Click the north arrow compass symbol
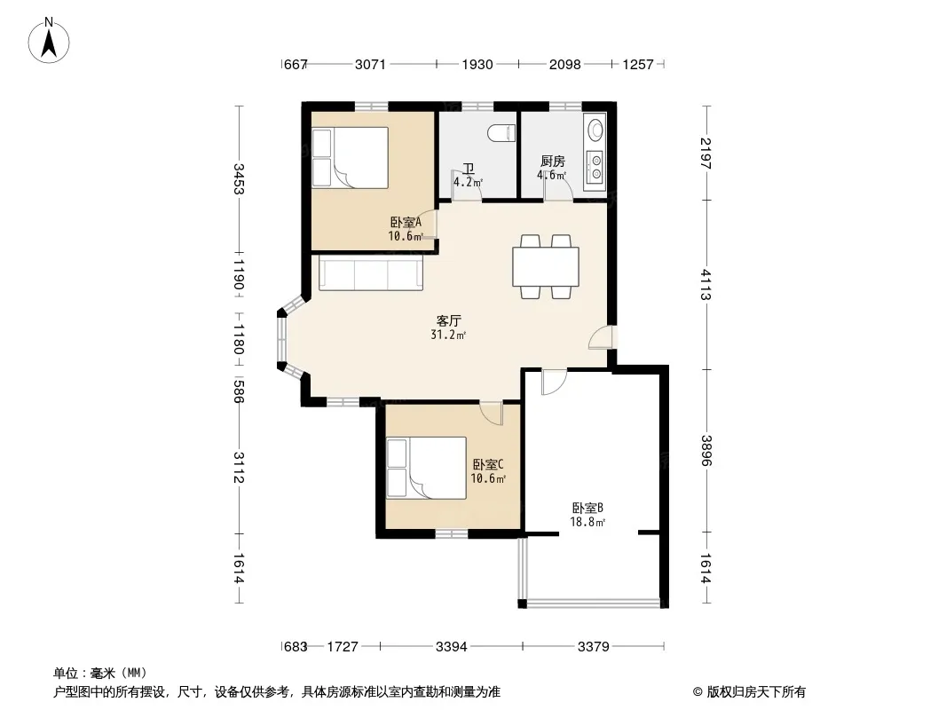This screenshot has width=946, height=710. [x=49, y=41]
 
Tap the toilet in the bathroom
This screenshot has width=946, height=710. [x=501, y=133]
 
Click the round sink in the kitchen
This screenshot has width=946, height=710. [x=595, y=129]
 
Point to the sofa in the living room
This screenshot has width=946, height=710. [x=370, y=273]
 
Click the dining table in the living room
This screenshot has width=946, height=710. [x=546, y=266]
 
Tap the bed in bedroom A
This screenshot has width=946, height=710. [x=350, y=157]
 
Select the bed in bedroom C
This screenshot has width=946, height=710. [x=426, y=468]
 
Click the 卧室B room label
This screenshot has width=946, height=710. [x=587, y=508]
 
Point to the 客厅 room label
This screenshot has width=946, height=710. [x=449, y=321]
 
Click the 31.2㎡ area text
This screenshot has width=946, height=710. [x=447, y=335]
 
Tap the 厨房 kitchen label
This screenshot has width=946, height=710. [x=553, y=161]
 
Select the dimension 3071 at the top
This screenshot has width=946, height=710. [x=370, y=64]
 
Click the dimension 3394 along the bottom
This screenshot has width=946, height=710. [x=452, y=647]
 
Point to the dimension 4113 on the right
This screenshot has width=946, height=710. [x=706, y=284]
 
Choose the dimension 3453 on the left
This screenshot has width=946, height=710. [x=239, y=179]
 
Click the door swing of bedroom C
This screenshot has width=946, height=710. [x=491, y=414]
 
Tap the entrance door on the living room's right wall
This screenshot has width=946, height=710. [x=600, y=337]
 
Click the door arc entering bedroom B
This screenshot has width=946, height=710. [x=553, y=383]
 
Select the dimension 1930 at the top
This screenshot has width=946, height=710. [x=477, y=64]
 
